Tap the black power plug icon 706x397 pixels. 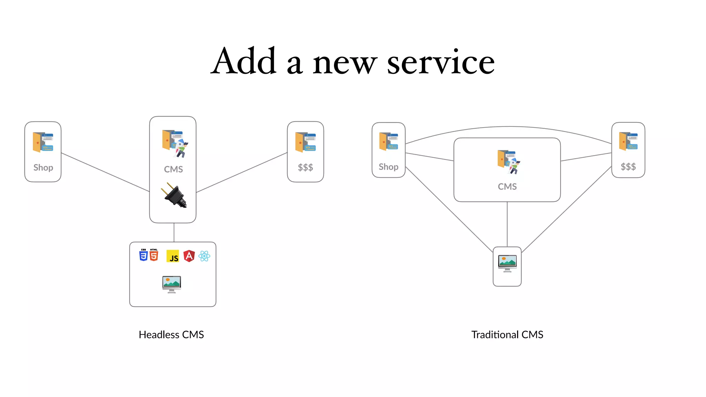click(x=175, y=195)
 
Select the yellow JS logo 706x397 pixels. click(x=173, y=256)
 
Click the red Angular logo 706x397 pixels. click(x=189, y=256)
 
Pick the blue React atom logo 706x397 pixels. click(x=204, y=256)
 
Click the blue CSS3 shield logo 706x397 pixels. click(x=143, y=255)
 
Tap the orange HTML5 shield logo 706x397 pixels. click(x=154, y=255)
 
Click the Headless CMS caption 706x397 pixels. click(x=171, y=335)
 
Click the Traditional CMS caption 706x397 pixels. click(x=507, y=335)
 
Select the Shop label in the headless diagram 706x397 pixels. click(x=43, y=167)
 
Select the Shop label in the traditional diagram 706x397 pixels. click(x=389, y=167)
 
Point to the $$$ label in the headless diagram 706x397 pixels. click(x=305, y=167)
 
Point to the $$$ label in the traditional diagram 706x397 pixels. click(x=628, y=167)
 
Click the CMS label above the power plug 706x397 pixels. click(x=173, y=169)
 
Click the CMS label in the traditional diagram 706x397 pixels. click(x=507, y=186)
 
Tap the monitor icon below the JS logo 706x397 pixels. click(x=172, y=284)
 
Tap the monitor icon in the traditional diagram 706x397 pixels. click(x=507, y=264)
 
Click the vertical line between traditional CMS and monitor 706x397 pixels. click(x=507, y=224)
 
